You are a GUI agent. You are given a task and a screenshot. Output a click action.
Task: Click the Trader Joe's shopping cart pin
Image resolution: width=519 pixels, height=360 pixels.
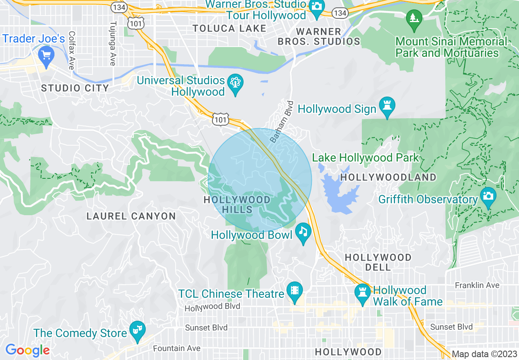46,55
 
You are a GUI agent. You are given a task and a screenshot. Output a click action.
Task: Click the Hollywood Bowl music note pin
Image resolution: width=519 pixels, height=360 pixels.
303,232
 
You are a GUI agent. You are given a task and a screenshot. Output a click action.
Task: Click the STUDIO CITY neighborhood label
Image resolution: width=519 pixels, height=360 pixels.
75,88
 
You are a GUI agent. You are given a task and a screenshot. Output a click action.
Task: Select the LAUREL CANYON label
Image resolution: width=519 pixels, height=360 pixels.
131,216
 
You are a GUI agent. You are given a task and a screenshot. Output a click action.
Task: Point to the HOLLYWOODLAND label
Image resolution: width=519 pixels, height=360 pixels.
388,177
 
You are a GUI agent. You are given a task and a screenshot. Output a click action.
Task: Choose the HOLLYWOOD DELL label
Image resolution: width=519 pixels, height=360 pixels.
378,262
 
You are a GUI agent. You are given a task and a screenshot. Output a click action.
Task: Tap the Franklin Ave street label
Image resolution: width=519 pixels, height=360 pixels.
477,285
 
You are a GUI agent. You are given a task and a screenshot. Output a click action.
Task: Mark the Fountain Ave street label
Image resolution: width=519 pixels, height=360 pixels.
176,349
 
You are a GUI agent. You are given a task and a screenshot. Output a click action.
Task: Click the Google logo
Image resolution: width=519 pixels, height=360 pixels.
27,350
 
